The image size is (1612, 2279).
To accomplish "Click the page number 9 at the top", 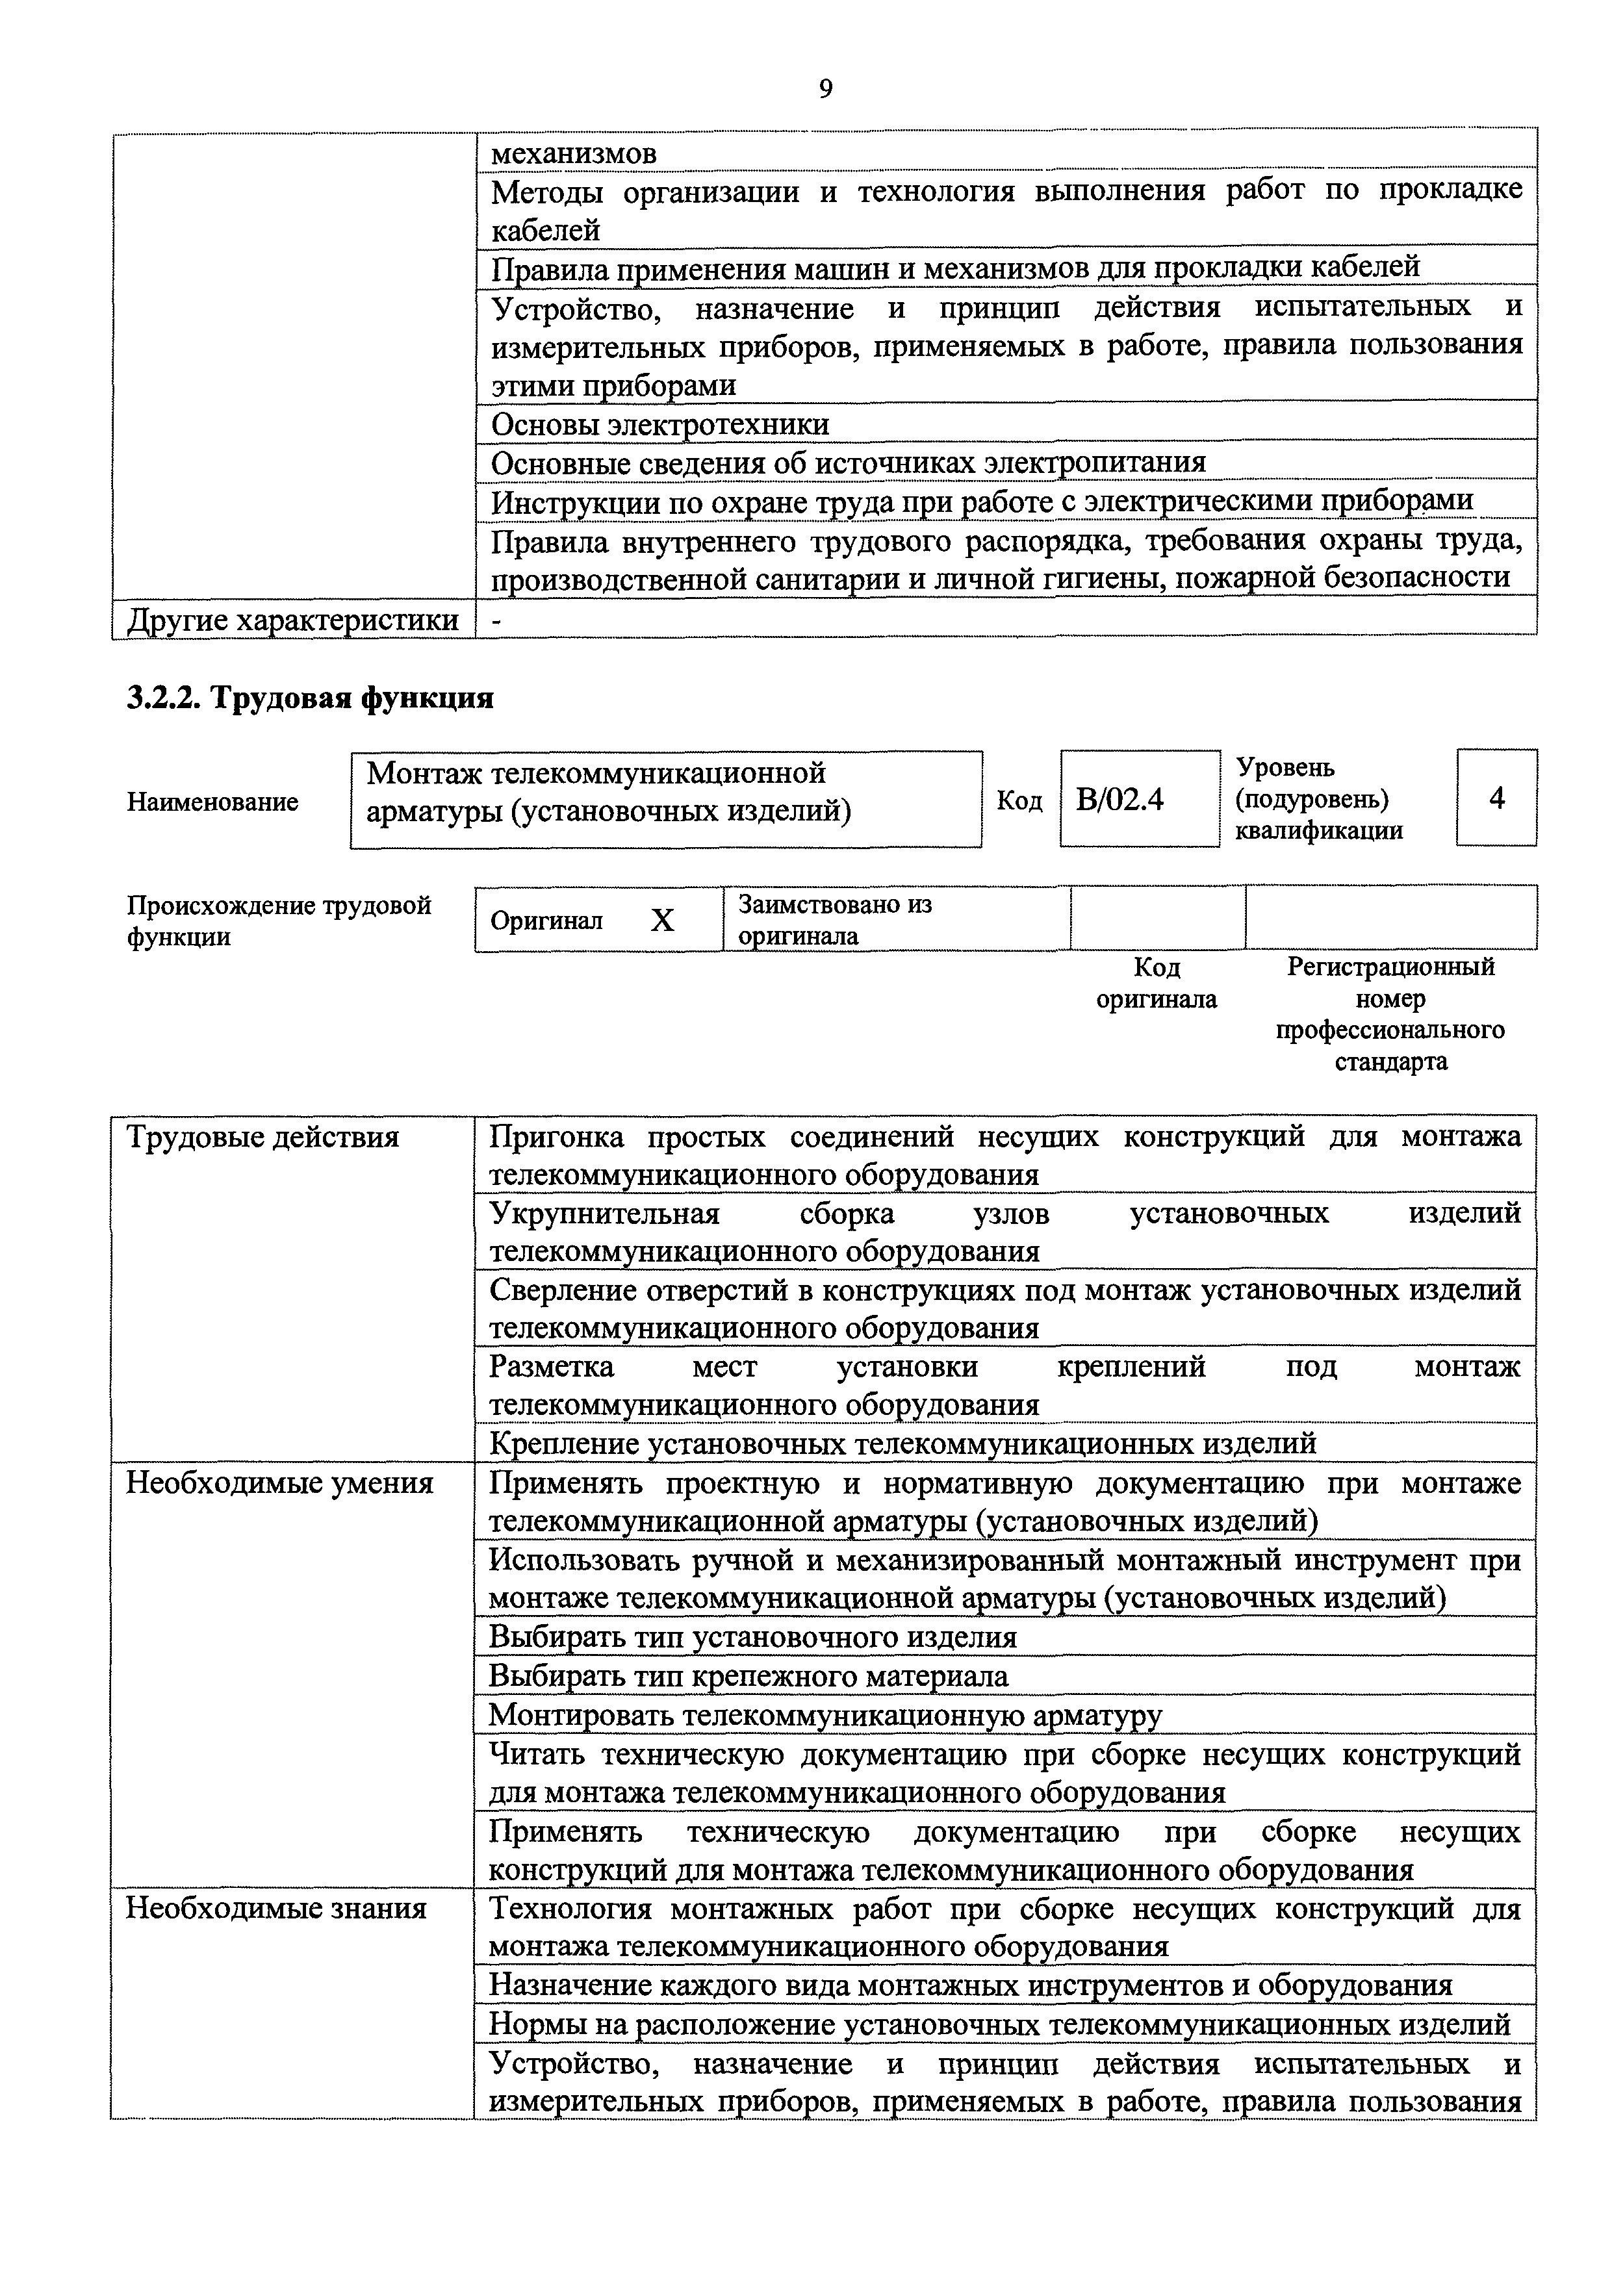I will pyautogui.click(x=826, y=90).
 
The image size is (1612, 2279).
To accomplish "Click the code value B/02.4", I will pyautogui.click(x=1119, y=799).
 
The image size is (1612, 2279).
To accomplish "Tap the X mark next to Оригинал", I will pyautogui.click(x=662, y=920).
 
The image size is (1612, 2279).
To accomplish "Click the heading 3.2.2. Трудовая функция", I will pyautogui.click(x=311, y=698).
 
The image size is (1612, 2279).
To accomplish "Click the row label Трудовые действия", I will pyautogui.click(x=263, y=1136).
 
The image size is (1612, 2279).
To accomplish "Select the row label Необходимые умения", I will pyautogui.click(x=280, y=1483).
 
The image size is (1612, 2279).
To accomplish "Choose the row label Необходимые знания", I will pyautogui.click(x=277, y=1908).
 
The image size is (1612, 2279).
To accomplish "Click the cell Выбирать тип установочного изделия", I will pyautogui.click(x=754, y=1636).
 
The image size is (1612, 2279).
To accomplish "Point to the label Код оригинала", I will pyautogui.click(x=1157, y=983).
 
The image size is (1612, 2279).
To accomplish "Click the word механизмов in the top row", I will pyautogui.click(x=574, y=154).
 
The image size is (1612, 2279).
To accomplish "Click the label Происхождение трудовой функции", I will pyautogui.click(x=279, y=920).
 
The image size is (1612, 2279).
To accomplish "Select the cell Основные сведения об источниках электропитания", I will pyautogui.click(x=849, y=463).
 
